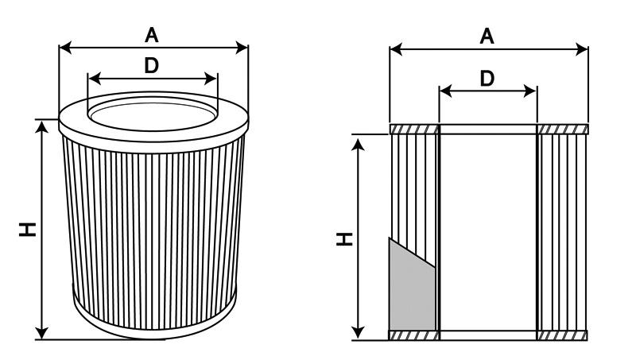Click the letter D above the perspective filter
click(151, 67)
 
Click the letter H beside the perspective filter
click(29, 229)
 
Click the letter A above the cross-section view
click(487, 36)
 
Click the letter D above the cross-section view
click(487, 78)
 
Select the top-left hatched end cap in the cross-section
click(414, 129)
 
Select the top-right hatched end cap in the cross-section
click(563, 129)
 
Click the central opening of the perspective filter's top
click(152, 111)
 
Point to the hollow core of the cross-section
click(488, 230)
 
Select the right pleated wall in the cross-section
click(563, 230)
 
